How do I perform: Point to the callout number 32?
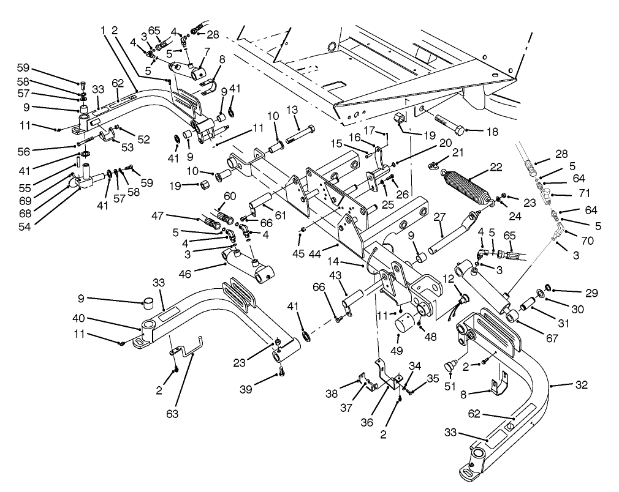[x=582, y=385]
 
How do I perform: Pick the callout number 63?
[x=172, y=414]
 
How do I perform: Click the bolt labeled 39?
[x=282, y=371]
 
